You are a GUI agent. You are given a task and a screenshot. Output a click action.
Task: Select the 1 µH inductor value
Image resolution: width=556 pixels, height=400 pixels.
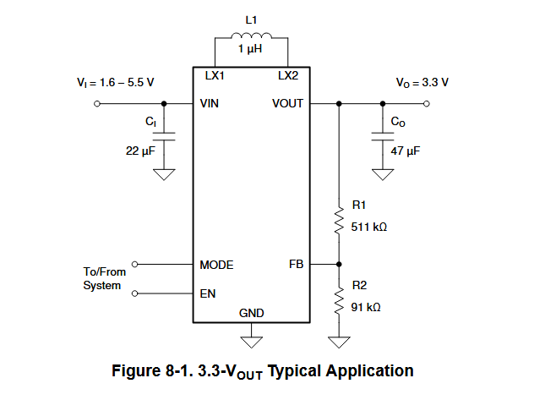tap(252, 52)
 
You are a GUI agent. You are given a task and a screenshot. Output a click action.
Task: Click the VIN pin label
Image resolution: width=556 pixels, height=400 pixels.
tap(210, 104)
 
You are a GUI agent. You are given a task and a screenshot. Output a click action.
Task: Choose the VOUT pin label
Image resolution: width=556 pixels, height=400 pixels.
tap(287, 104)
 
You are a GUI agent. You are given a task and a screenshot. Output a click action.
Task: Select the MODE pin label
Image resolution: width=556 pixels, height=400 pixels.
tap(216, 265)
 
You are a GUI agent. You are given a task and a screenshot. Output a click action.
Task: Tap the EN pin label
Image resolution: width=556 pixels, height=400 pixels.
tap(207, 294)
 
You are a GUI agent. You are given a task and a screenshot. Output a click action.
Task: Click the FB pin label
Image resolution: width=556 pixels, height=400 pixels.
tap(296, 265)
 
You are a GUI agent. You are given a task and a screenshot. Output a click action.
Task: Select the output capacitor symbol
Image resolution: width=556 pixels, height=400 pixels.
tap(384, 135)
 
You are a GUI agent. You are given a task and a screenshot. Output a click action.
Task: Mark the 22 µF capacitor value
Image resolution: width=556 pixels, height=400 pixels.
tap(139, 151)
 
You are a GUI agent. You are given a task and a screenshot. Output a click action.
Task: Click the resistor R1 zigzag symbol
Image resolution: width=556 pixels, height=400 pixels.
tap(339, 222)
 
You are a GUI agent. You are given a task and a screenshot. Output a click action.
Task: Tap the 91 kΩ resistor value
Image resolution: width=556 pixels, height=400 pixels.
tap(366, 307)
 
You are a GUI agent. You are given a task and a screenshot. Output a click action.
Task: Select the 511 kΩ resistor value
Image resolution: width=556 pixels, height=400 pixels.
tap(368, 227)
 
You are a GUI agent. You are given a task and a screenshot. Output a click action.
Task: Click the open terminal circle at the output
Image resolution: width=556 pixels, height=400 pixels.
tap(427, 104)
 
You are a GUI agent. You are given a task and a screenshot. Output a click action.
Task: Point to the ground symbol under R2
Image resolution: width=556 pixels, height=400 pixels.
tap(339, 342)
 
